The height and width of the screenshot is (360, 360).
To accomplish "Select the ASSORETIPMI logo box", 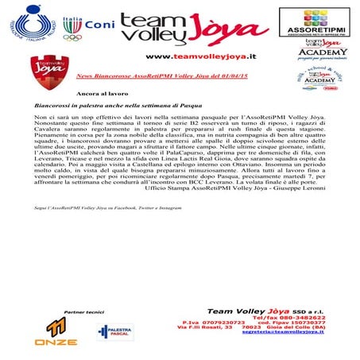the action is point(314,21).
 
